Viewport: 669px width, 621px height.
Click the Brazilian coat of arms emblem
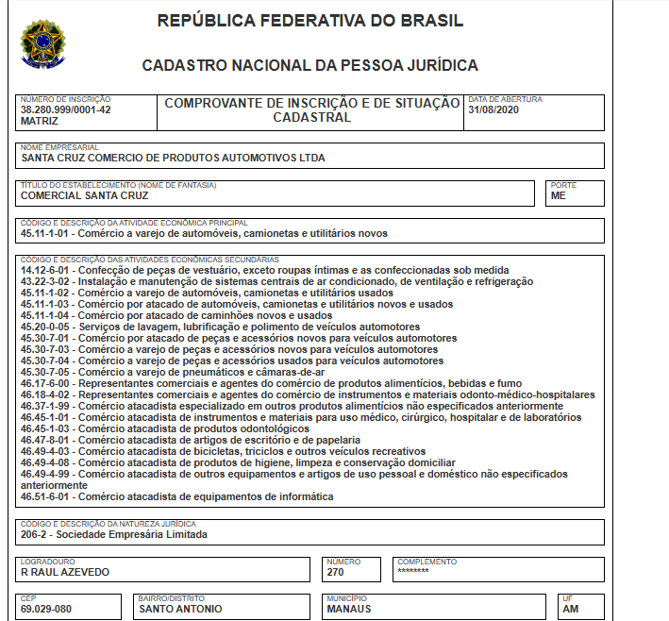(43, 43)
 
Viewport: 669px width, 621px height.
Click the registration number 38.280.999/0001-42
(66, 109)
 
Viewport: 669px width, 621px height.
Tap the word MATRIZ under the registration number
(39, 121)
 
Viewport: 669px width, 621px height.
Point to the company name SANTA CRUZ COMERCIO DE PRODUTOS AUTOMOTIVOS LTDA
(173, 158)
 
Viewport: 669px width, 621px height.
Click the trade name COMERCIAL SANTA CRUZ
(84, 196)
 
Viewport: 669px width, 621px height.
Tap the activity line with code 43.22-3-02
(276, 281)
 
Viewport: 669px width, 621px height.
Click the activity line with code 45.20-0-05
(207, 327)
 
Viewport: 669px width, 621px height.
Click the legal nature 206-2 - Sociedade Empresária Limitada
(113, 534)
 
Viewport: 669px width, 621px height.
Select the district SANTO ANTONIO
(180, 609)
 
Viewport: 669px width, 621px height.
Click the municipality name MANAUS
(349, 609)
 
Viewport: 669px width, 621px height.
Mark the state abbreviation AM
(570, 609)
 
